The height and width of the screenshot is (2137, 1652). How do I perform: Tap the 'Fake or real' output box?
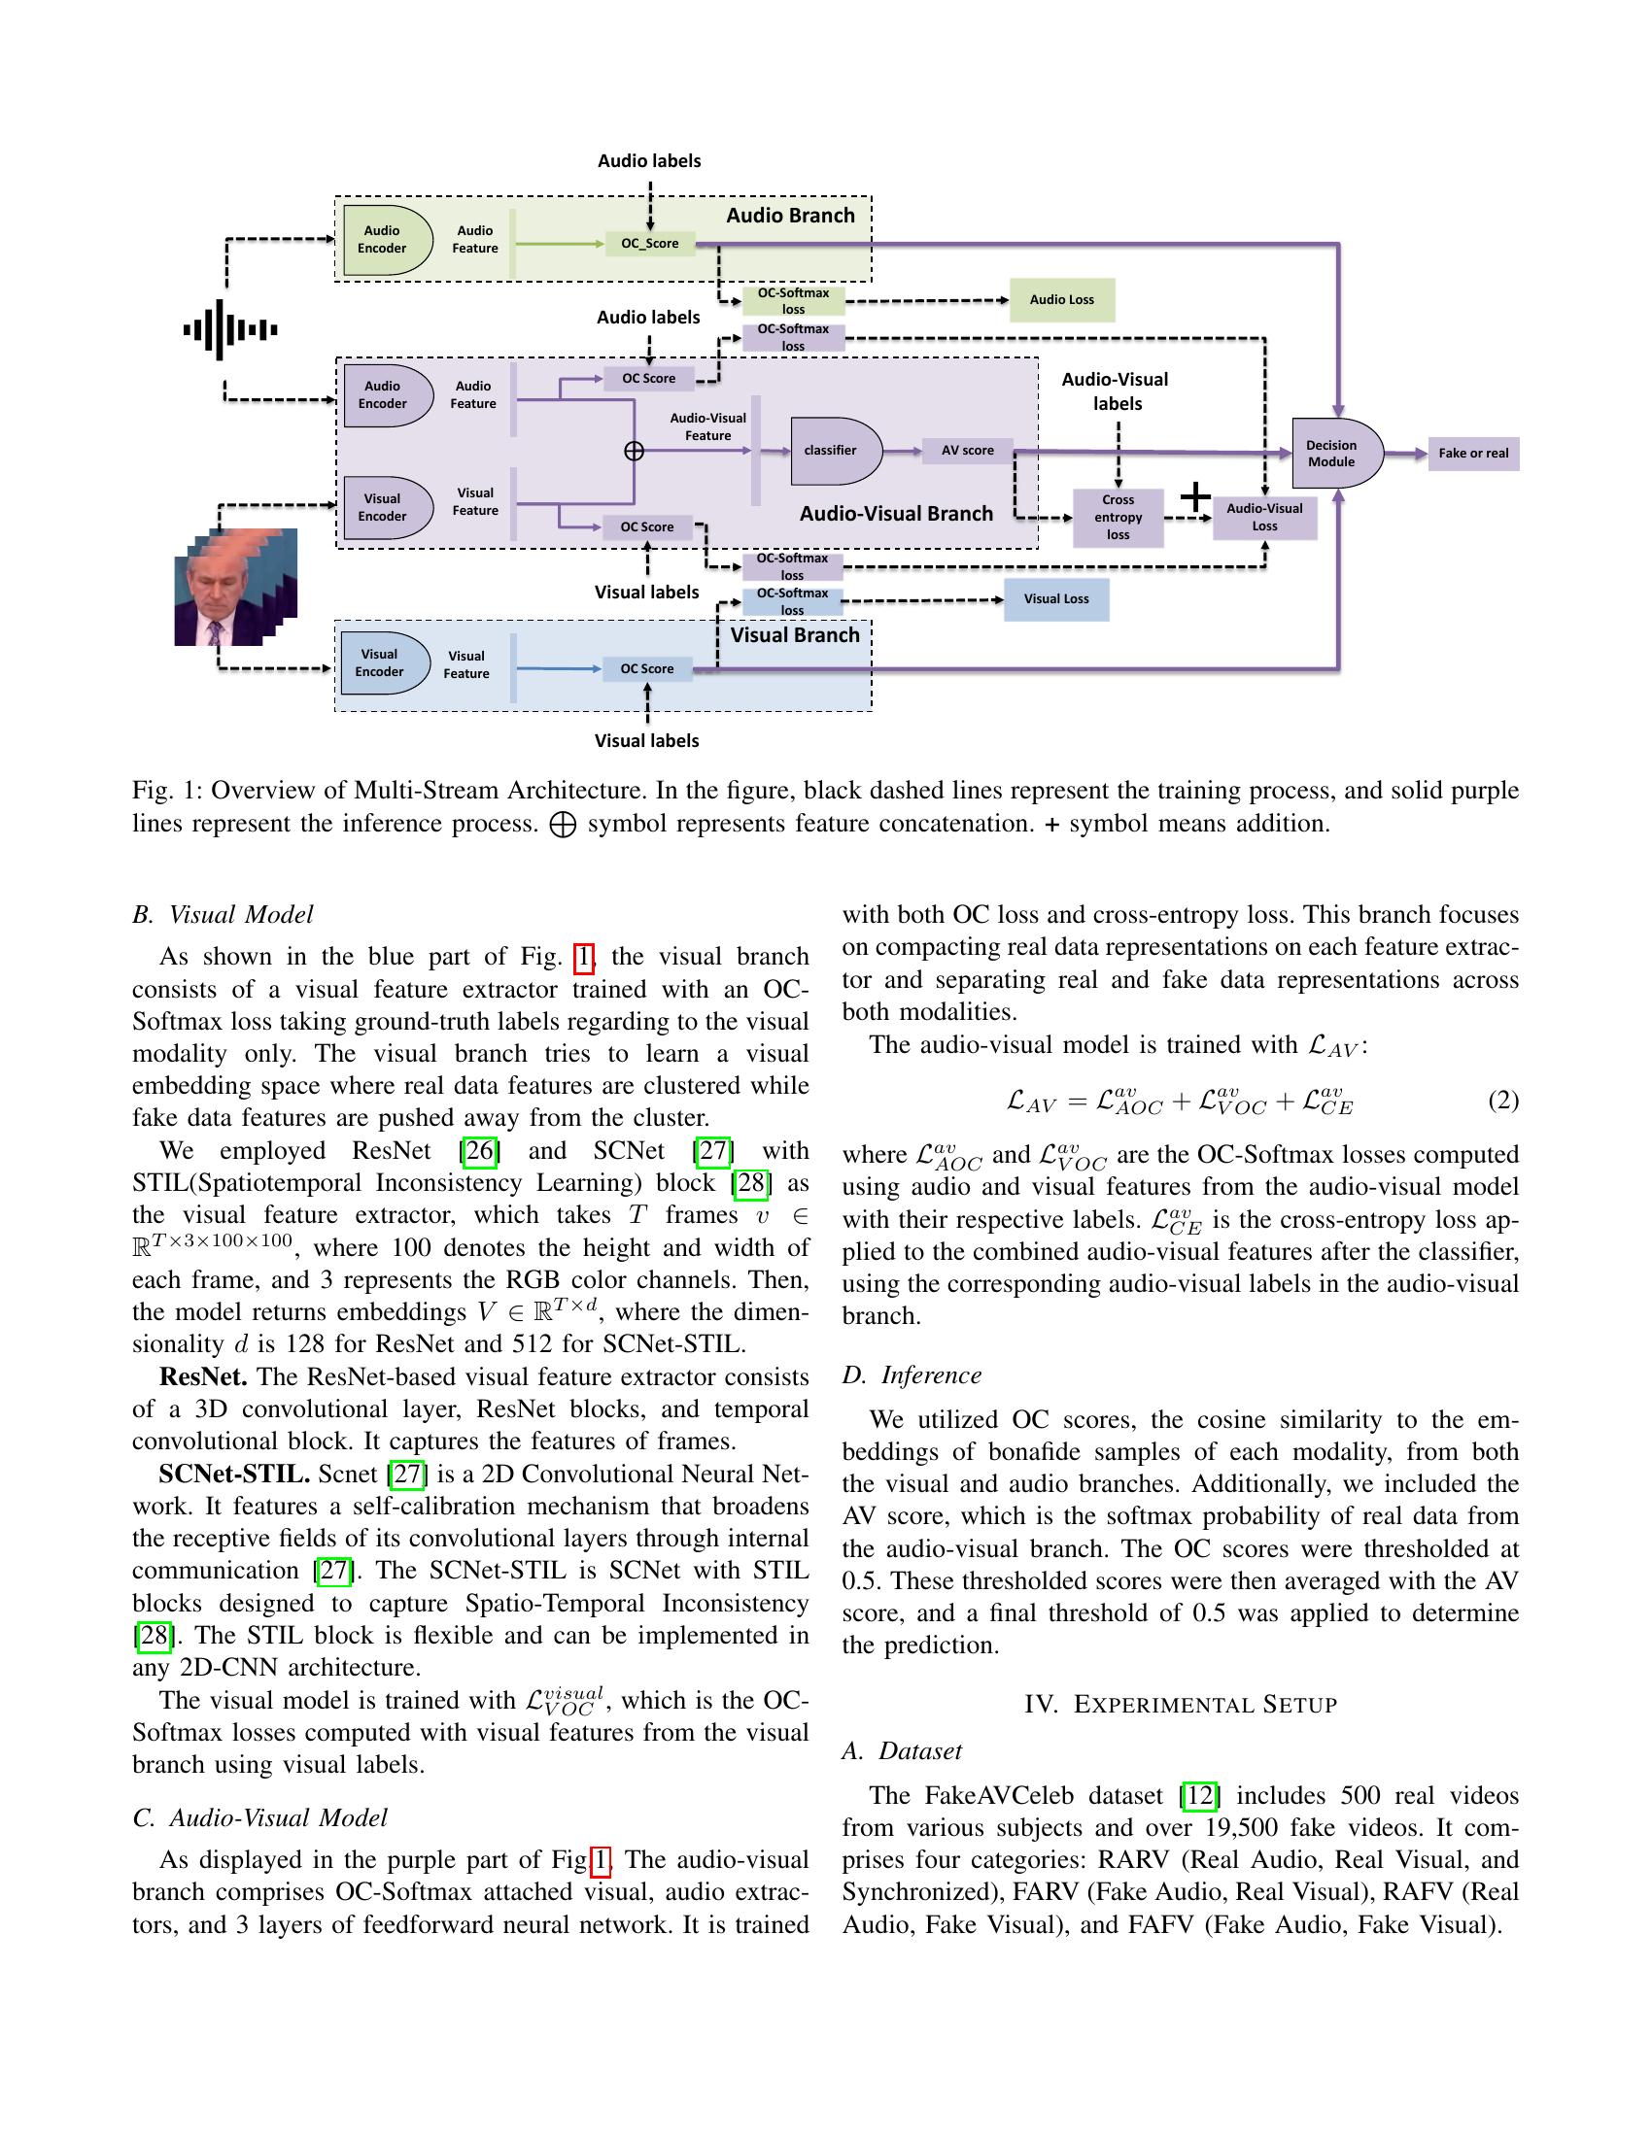click(1473, 453)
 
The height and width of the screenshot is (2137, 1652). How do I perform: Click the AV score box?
click(967, 450)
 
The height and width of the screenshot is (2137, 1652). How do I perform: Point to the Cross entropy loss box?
click(1118, 517)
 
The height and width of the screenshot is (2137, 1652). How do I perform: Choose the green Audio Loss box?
click(1061, 299)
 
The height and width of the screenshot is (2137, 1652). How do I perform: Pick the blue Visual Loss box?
click(1056, 598)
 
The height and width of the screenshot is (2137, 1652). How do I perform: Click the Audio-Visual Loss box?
click(1264, 517)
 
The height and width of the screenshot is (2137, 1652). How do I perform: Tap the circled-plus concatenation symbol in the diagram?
click(635, 450)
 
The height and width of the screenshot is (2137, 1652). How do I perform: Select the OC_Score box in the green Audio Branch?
click(649, 244)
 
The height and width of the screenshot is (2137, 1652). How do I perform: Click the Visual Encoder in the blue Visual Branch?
click(383, 663)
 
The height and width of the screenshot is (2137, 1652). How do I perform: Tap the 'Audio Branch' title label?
click(790, 216)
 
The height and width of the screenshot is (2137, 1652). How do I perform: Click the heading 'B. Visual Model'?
click(223, 914)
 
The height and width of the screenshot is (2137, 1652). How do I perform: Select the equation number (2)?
click(1502, 1101)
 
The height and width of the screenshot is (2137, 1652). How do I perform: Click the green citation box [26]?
click(479, 1151)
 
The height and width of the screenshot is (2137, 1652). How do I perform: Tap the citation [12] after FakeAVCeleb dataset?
click(1199, 1795)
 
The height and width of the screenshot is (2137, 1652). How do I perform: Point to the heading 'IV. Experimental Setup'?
click(1180, 1705)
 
